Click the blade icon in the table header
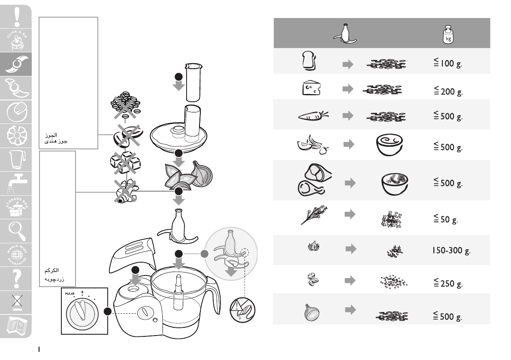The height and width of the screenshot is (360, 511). pos(346,33)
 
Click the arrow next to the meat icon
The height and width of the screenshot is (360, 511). pos(351,183)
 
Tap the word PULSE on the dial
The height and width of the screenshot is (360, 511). pos(70,294)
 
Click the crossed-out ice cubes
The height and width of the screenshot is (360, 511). pos(125,162)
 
